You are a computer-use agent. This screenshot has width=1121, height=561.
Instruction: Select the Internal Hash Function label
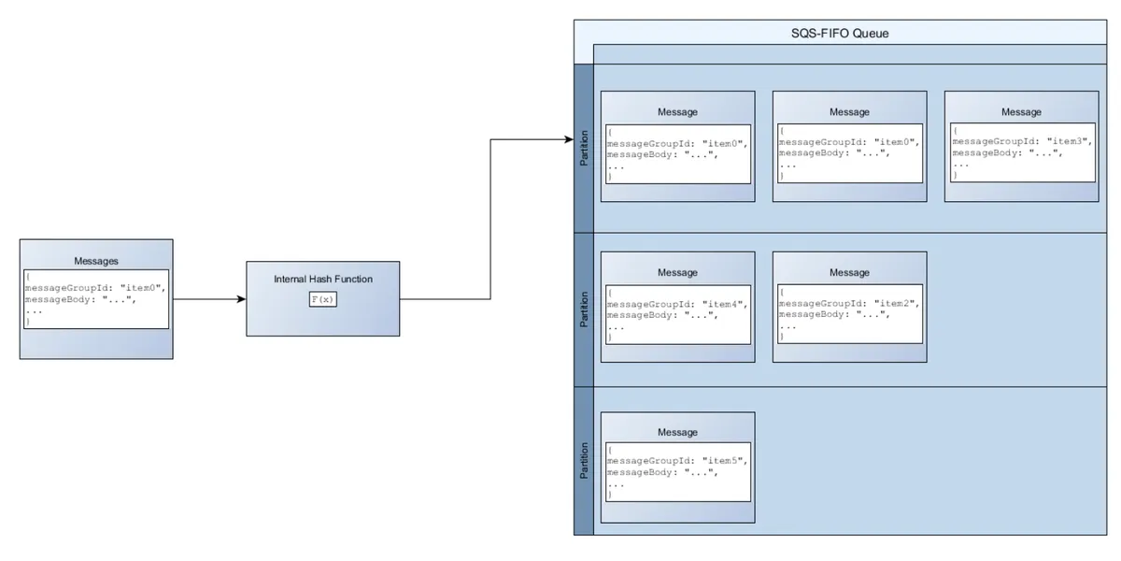322,279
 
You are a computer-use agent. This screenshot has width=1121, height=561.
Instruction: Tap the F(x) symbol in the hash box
322,299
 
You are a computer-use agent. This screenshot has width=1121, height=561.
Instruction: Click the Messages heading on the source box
96,261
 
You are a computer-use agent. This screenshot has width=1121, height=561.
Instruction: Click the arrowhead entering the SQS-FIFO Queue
568,140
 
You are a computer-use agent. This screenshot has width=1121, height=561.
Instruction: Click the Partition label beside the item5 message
584,461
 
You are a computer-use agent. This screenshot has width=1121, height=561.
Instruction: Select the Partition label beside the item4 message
584,309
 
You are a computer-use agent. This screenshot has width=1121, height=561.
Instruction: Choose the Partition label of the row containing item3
584,149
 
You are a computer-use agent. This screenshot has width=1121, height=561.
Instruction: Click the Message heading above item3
1021,112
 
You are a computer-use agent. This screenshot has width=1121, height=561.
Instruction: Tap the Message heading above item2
849,273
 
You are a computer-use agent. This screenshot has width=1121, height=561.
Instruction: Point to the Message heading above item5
677,433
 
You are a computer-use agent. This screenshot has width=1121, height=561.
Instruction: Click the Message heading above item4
677,273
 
